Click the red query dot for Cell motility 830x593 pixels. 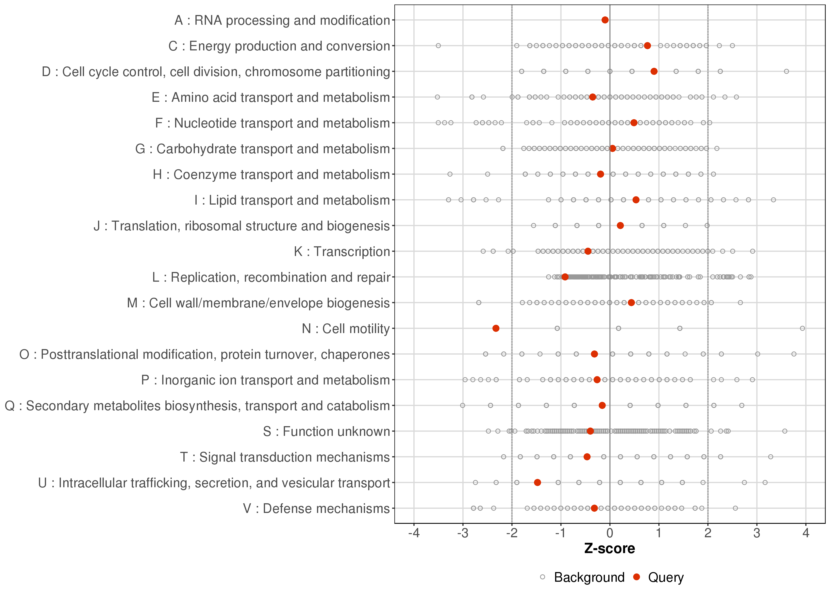(x=496, y=328)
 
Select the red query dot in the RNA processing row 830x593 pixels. (x=605, y=20)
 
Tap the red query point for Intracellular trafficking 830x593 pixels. (x=537, y=482)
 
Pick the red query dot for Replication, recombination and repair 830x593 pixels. (x=565, y=277)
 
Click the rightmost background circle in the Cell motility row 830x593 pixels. (x=802, y=328)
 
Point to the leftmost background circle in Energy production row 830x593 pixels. (x=438, y=46)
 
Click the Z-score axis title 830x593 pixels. (x=609, y=549)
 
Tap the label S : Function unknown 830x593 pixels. (x=326, y=432)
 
